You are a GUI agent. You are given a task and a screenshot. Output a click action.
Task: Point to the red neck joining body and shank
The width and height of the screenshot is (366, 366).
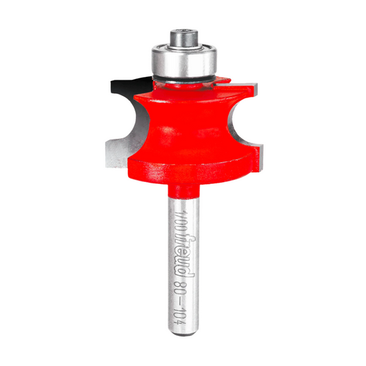point(183,189)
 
